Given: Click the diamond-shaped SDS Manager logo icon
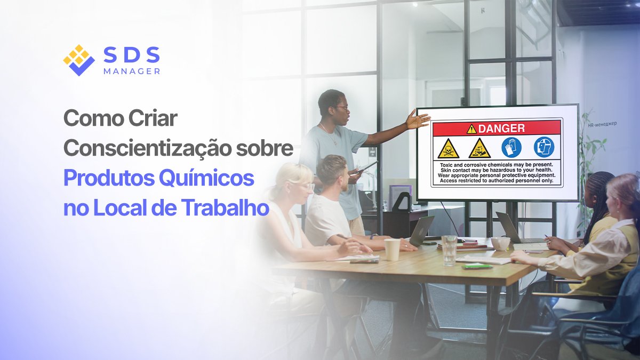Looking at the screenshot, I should [78, 60].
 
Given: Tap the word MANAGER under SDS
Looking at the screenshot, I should [132, 71].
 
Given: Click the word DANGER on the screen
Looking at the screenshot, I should [501, 128].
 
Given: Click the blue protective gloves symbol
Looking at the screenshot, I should [511, 147].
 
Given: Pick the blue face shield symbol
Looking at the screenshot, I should [543, 147].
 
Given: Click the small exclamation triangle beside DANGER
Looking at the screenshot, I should [471, 129].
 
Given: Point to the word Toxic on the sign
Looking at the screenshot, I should [446, 165].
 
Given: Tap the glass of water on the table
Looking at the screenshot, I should [449, 250].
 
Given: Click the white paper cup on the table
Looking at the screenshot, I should [392, 249].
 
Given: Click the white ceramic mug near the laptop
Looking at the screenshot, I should [500, 244].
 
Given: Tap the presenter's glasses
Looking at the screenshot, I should [342, 108].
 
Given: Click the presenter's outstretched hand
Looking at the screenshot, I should [418, 119].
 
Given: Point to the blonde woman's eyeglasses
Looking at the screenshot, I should [305, 186].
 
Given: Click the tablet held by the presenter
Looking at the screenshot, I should [367, 167].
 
